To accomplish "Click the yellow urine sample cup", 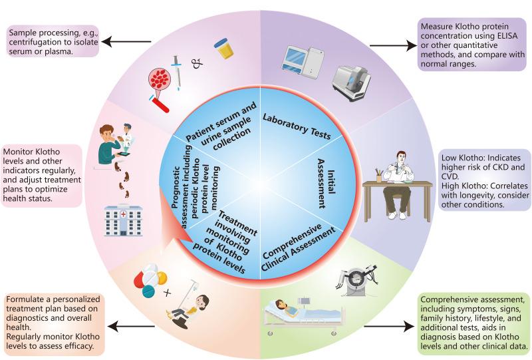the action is click(x=224, y=49).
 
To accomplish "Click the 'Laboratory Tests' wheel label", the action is click(x=297, y=126).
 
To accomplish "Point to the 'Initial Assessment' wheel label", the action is click(x=326, y=184).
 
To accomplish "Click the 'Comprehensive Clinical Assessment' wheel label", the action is click(x=298, y=247).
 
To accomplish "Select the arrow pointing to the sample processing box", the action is click(x=126, y=42).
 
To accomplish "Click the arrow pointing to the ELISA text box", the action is click(x=393, y=45).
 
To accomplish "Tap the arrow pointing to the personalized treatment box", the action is click(x=132, y=327).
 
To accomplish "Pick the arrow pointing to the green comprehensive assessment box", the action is click(x=389, y=327).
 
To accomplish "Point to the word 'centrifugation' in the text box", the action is click(x=36, y=43).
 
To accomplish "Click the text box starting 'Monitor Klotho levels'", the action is click(x=42, y=175).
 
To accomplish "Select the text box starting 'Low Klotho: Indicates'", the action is click(x=485, y=181).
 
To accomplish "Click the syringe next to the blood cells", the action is click(x=176, y=73).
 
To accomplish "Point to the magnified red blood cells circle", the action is click(x=160, y=80).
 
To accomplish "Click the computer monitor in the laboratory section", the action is click(x=293, y=60).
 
